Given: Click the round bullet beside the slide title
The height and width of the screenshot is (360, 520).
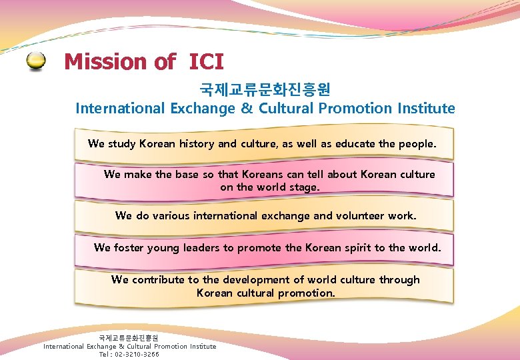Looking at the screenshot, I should tap(37, 62).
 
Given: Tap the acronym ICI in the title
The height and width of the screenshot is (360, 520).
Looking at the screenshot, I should tap(206, 62).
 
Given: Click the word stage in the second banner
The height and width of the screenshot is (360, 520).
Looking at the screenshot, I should tap(305, 187).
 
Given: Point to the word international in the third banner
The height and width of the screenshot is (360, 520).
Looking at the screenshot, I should tap(225, 215).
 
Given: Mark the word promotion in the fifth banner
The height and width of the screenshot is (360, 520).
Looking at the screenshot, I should tap(306, 293).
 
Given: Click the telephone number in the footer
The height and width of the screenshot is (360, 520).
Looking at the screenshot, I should tap(137, 354).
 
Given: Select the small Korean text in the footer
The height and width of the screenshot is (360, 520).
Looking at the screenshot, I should tap(129, 338).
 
